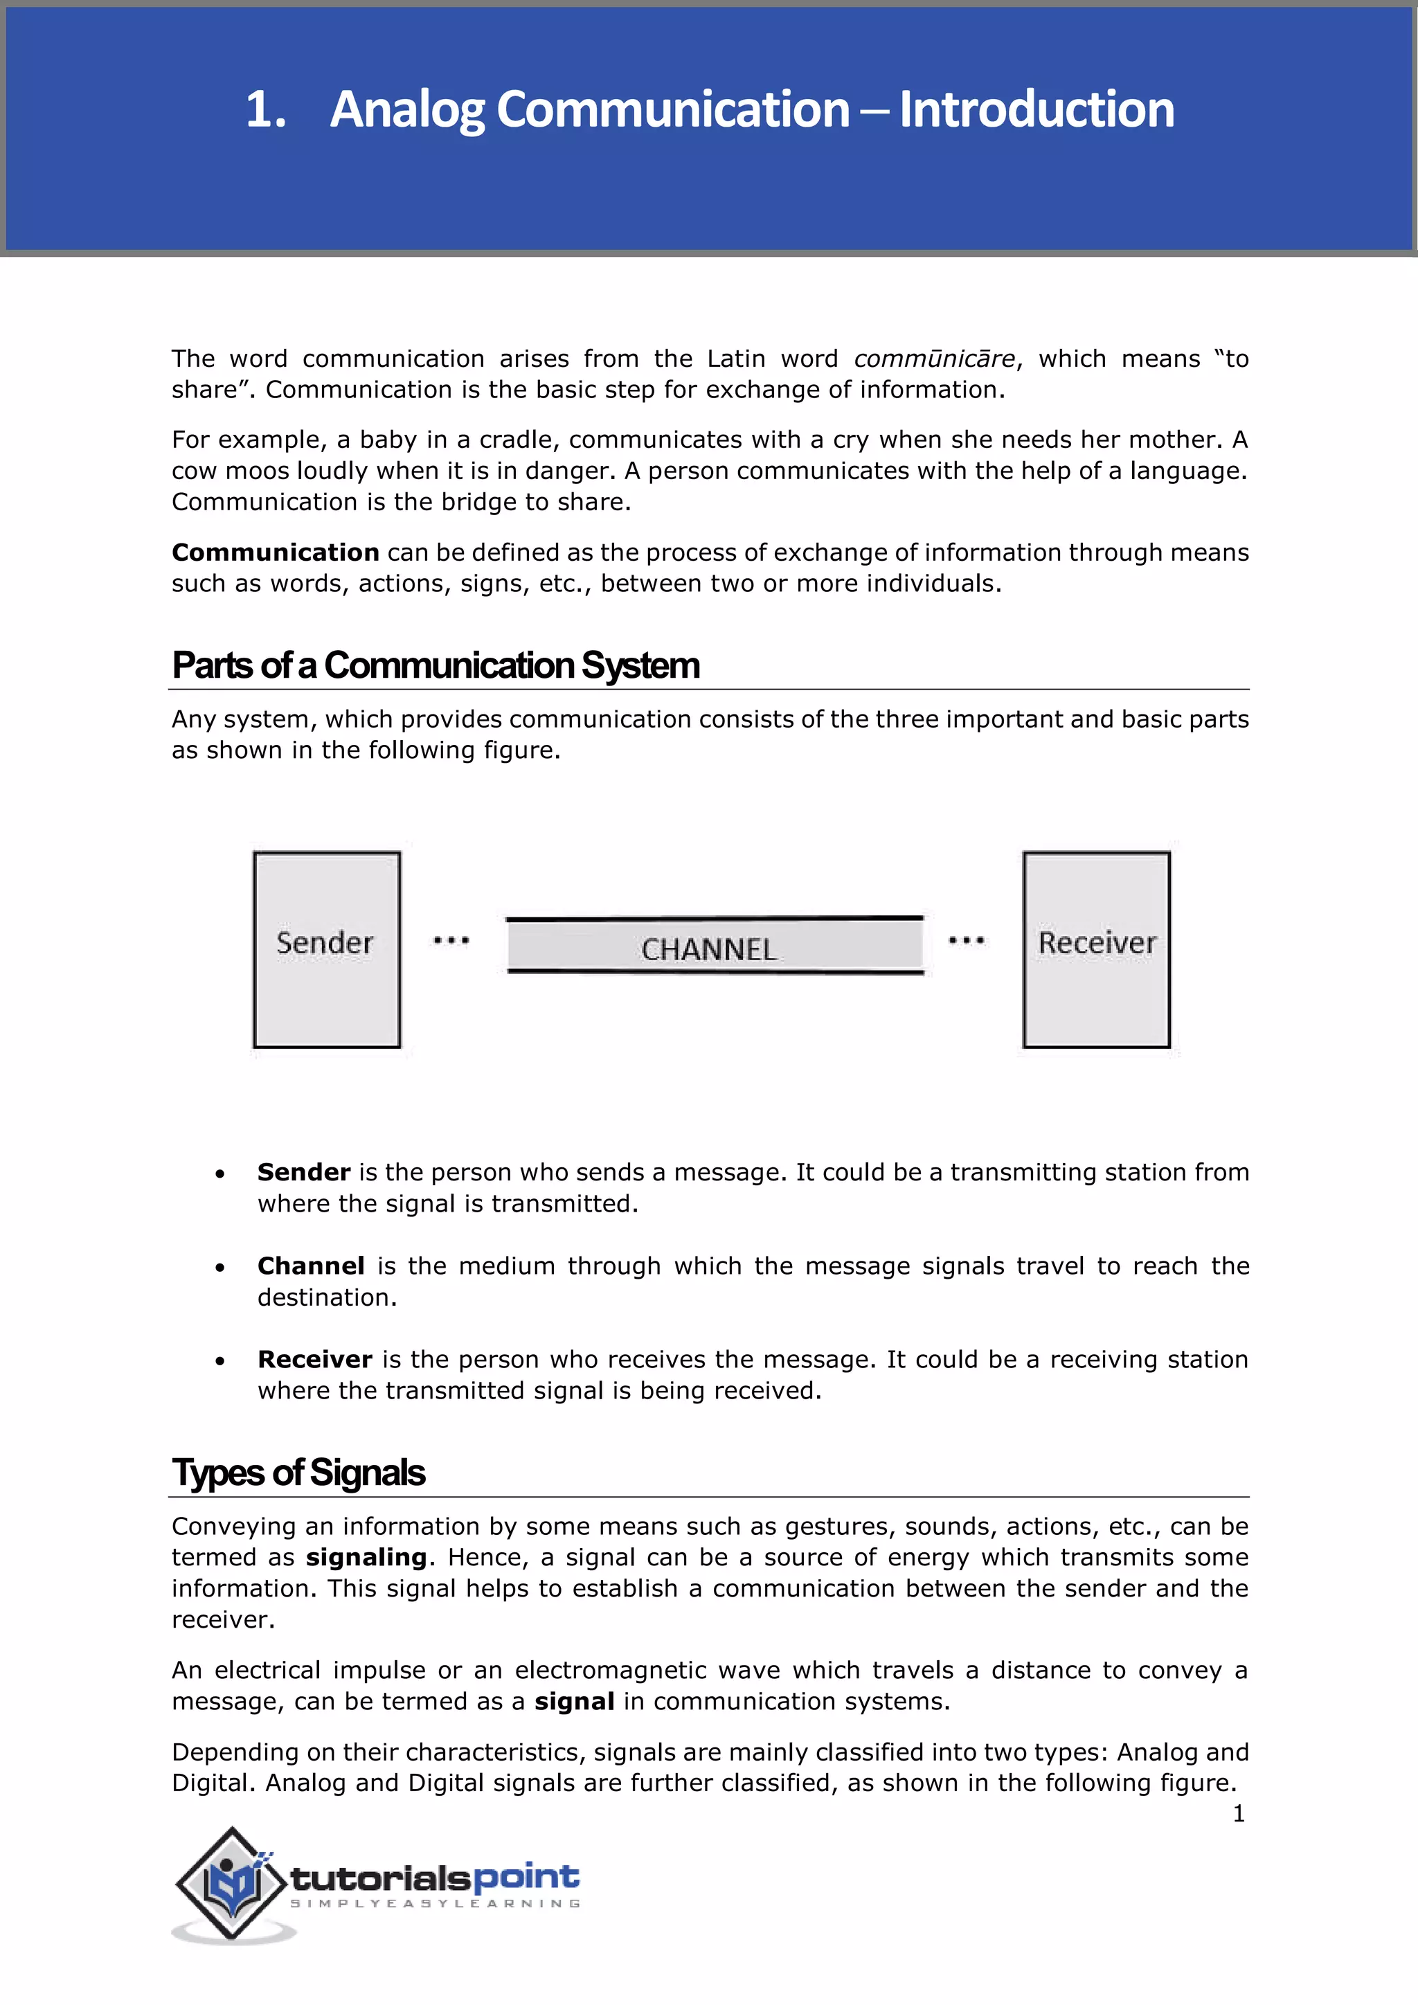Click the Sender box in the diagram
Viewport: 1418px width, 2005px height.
[327, 949]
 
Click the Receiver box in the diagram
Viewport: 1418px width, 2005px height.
[1096, 949]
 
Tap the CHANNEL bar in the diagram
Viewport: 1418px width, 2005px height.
[715, 946]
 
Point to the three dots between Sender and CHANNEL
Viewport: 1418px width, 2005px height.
[451, 940]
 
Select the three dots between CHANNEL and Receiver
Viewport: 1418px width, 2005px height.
[966, 940]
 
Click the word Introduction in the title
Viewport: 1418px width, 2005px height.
[1036, 110]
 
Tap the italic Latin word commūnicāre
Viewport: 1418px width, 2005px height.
[933, 359]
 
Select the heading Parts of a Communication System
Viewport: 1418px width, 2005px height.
[435, 665]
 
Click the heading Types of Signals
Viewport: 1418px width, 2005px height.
[298, 1473]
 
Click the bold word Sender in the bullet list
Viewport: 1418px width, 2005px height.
[304, 1172]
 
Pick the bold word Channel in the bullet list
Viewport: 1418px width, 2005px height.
[311, 1266]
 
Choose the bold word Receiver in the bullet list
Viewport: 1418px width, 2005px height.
[314, 1360]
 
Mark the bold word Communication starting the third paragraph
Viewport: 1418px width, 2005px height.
[275, 552]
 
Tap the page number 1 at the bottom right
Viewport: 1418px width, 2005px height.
[1238, 1814]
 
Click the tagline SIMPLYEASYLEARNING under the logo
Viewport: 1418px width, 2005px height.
[435, 1904]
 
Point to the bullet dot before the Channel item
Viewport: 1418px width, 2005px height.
[220, 1268]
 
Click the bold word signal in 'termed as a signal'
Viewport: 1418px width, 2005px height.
[574, 1702]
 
